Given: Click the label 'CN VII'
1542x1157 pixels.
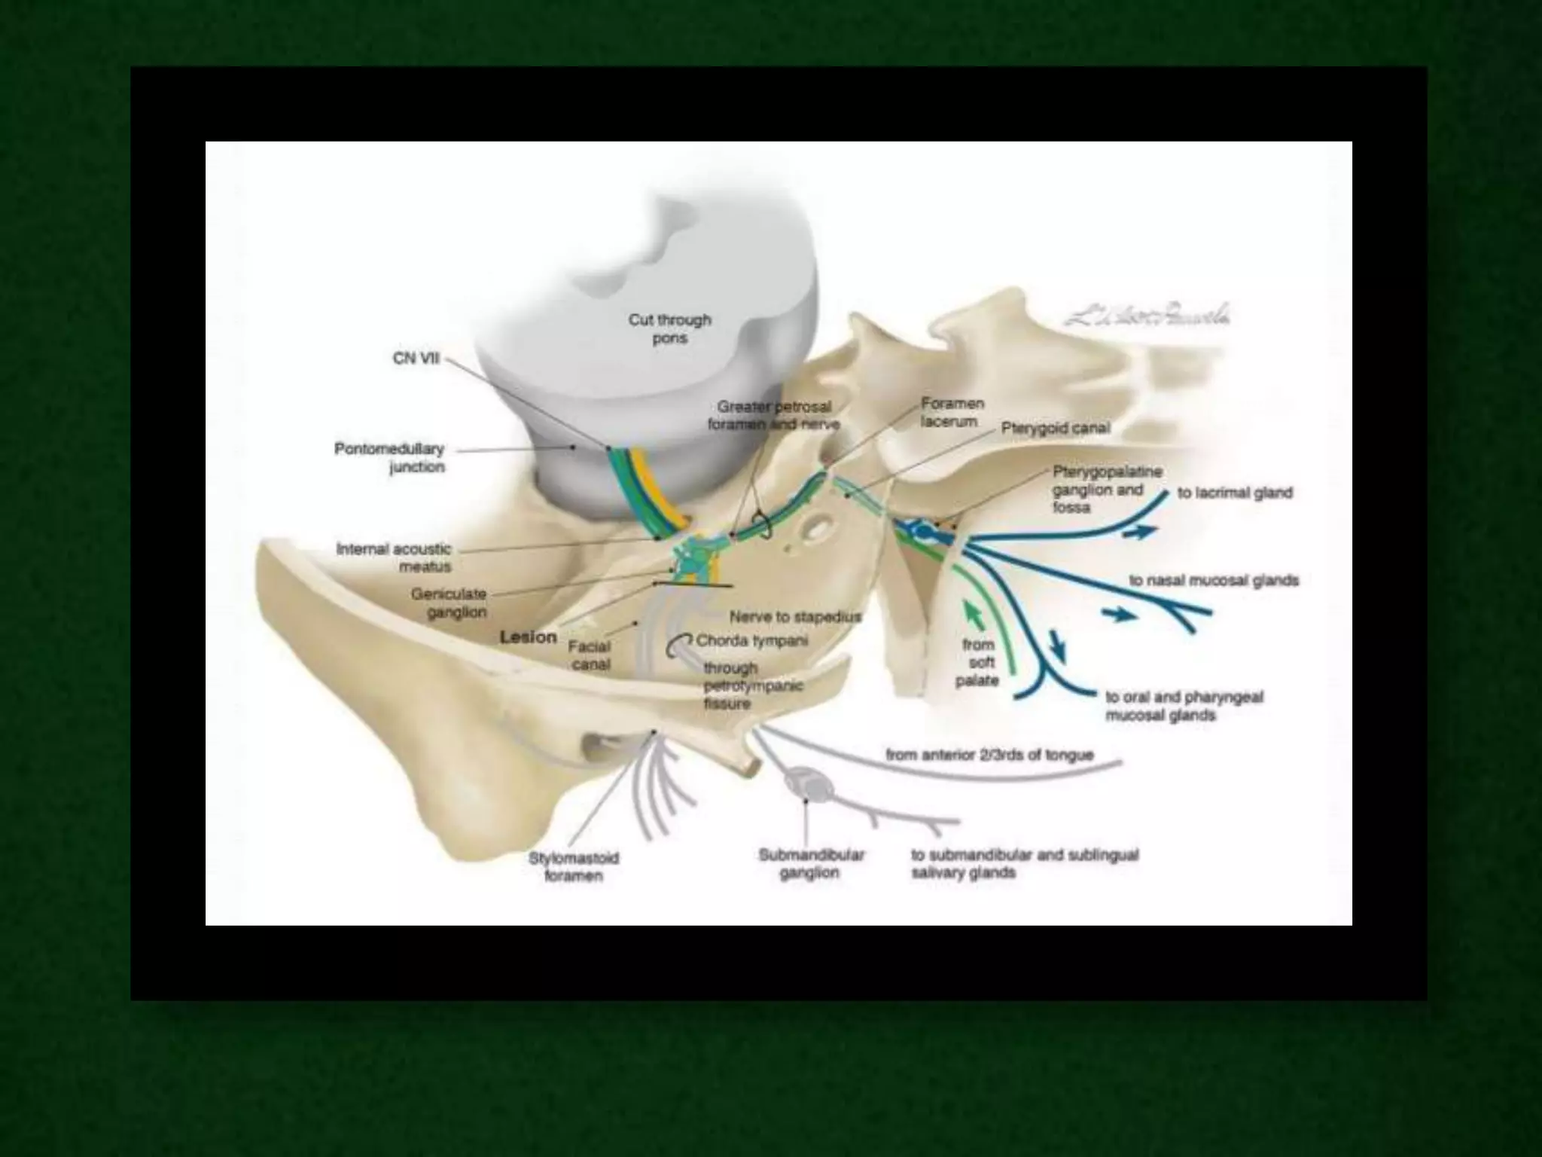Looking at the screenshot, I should (x=416, y=359).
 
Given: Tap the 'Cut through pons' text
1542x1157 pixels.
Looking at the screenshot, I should (x=669, y=329).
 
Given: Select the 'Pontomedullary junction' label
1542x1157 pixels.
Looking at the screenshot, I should (x=390, y=458).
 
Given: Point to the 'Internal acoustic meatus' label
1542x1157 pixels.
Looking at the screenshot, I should (x=395, y=557).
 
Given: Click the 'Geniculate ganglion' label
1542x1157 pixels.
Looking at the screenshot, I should (x=449, y=603).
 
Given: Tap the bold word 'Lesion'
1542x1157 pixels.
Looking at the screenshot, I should (x=529, y=637).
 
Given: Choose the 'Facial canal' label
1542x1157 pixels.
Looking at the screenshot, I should (x=590, y=655).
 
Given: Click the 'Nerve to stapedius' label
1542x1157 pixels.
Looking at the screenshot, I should (x=794, y=617).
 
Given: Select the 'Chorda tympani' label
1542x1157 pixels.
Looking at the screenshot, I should (x=752, y=641).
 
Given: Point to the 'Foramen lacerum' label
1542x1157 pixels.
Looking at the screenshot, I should (x=952, y=413).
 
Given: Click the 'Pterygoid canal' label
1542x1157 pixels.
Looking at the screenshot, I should (x=1056, y=429).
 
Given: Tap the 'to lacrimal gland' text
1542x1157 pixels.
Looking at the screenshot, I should (x=1235, y=493).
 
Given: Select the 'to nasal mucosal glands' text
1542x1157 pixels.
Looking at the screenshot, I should (x=1214, y=581).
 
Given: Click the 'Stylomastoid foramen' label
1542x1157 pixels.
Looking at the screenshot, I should (x=574, y=867).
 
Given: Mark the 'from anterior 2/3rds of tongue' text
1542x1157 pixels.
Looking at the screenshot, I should (x=989, y=755).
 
